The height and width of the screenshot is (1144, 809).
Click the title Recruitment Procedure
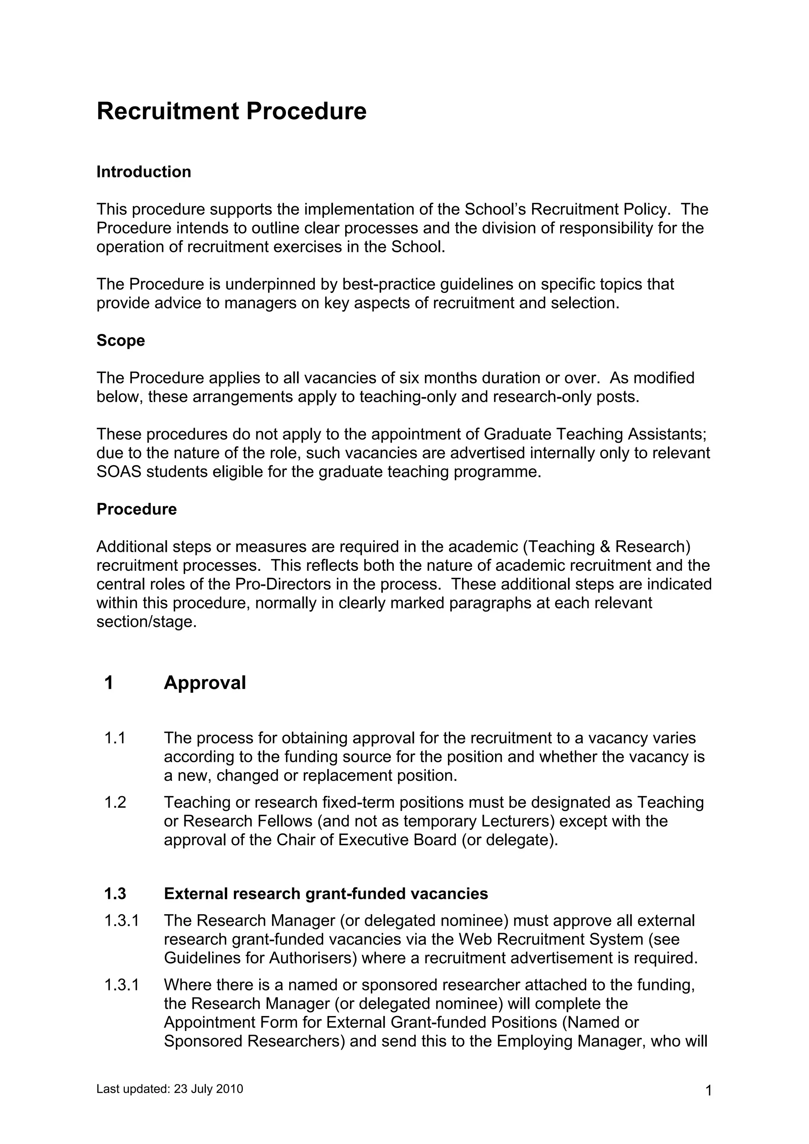(231, 111)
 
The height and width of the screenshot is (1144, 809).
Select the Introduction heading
(143, 172)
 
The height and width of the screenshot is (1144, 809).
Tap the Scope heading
(120, 341)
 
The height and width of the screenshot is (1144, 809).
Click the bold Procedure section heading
(137, 509)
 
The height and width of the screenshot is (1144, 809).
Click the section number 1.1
(115, 738)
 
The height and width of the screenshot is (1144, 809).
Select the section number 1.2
(115, 802)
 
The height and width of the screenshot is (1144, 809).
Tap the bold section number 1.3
(115, 893)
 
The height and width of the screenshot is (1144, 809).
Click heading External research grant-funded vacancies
(325, 893)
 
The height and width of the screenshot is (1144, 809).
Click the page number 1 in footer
(708, 1091)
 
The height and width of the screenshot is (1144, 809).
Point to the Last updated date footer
(169, 1089)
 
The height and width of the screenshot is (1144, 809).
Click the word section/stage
(147, 622)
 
